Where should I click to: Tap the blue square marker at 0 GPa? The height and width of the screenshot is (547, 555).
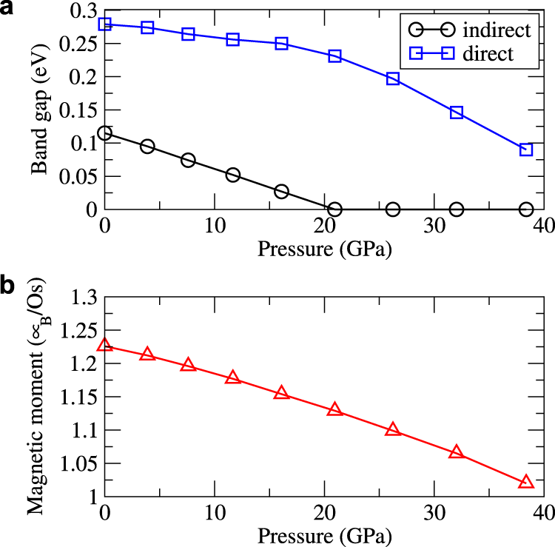coord(105,24)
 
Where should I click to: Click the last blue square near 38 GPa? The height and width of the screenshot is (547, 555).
coord(526,150)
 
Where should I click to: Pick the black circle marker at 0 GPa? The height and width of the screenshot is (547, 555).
coord(105,133)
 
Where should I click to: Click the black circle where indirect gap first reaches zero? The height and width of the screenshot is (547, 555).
coord(334,209)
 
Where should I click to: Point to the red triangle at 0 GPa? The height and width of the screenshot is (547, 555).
coord(105,346)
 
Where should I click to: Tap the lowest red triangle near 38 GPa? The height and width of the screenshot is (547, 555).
coord(526,482)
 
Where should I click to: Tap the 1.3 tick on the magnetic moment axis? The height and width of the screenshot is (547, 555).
coord(84,298)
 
